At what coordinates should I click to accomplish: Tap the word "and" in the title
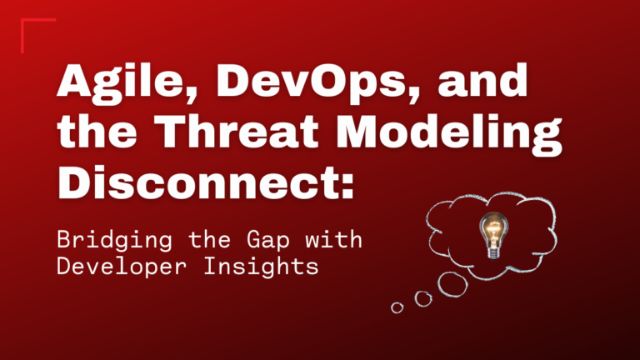click(x=482, y=80)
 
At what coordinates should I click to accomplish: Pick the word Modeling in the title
click(x=449, y=134)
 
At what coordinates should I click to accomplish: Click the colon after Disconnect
click(x=347, y=186)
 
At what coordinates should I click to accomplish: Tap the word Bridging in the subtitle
click(x=115, y=240)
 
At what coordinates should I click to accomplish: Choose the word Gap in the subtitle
click(x=268, y=241)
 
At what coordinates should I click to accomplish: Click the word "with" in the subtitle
click(x=333, y=239)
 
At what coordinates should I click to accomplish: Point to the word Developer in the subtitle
click(x=122, y=267)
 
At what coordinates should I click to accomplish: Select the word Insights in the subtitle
click(x=261, y=267)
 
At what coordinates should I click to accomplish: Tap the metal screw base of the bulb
click(x=493, y=254)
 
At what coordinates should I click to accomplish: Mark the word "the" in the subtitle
click(x=209, y=239)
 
